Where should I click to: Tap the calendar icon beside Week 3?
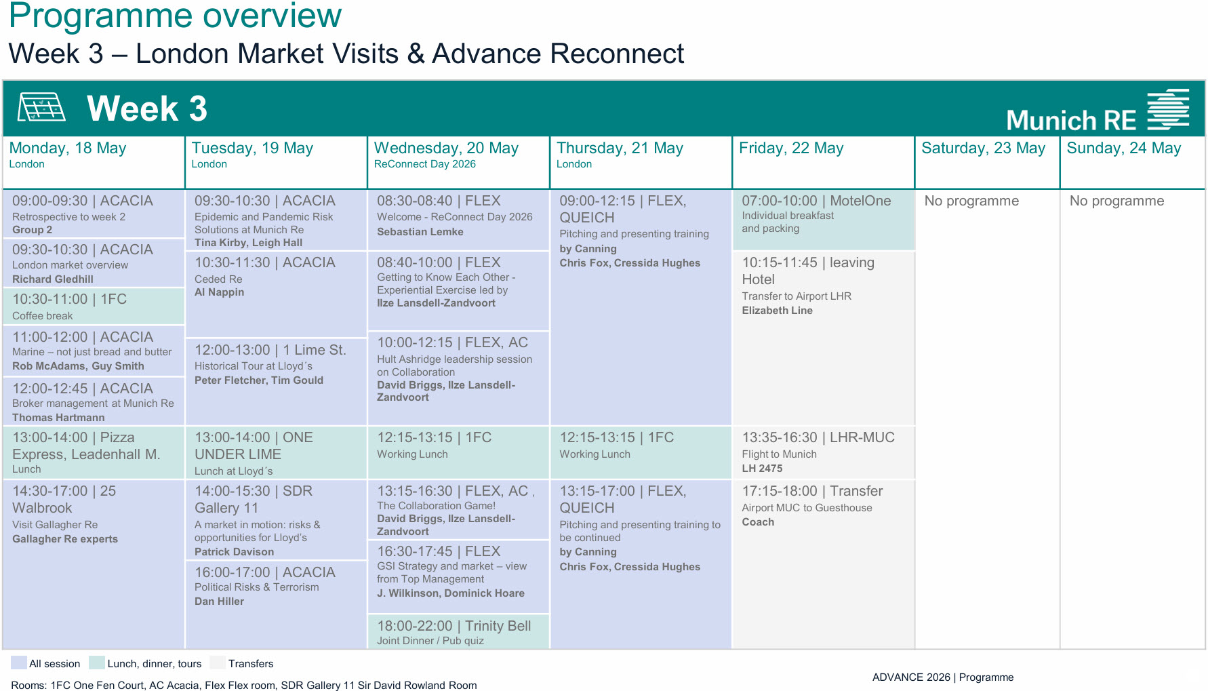tap(41, 107)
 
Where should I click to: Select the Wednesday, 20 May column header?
tap(446, 149)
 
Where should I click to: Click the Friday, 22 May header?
tap(791, 149)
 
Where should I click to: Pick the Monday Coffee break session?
tap(94, 307)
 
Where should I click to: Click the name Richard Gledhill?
tap(53, 279)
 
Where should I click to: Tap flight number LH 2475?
tap(762, 469)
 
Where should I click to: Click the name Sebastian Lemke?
tap(420, 232)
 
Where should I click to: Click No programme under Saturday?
tap(971, 201)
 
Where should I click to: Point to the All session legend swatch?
tap(19, 663)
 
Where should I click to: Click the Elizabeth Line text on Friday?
tap(777, 311)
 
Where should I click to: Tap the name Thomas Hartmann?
tap(58, 418)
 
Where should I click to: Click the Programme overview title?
tap(175, 16)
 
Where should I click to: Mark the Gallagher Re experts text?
tap(65, 539)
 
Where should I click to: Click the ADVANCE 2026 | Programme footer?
tap(942, 677)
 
